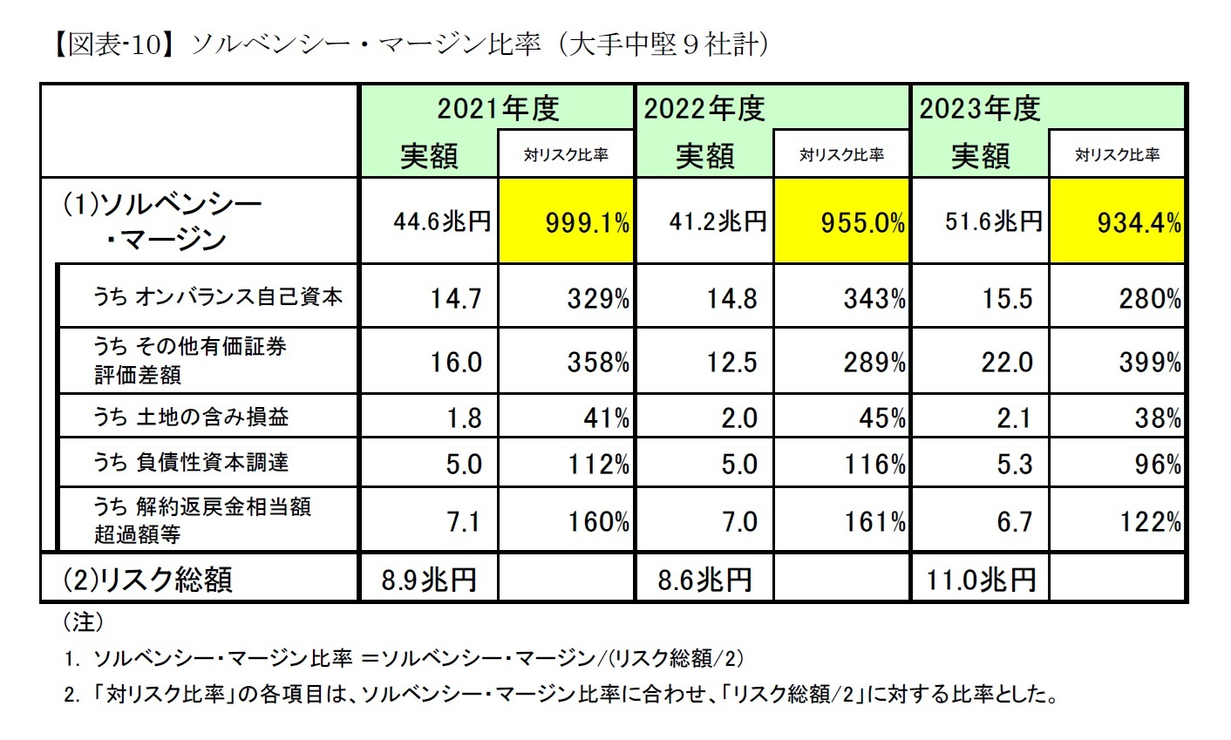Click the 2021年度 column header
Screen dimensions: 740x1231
click(x=497, y=108)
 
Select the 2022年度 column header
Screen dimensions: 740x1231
click(x=704, y=108)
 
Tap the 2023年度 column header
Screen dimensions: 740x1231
click(x=980, y=108)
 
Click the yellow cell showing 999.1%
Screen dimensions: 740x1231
click(x=567, y=222)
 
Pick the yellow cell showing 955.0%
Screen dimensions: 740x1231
click(x=842, y=222)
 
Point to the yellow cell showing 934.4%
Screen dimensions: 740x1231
click(x=1118, y=222)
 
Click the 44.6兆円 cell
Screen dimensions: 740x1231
click(x=429, y=222)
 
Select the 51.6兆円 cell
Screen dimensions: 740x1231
click(x=980, y=222)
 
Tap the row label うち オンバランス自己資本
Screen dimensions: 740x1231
click(x=218, y=296)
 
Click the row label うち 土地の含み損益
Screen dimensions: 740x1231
click(x=191, y=417)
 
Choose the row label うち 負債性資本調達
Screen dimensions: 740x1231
click(x=191, y=462)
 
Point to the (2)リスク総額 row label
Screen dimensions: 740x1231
click(x=147, y=579)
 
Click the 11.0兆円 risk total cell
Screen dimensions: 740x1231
click(x=980, y=579)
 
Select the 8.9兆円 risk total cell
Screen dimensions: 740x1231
click(x=429, y=579)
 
